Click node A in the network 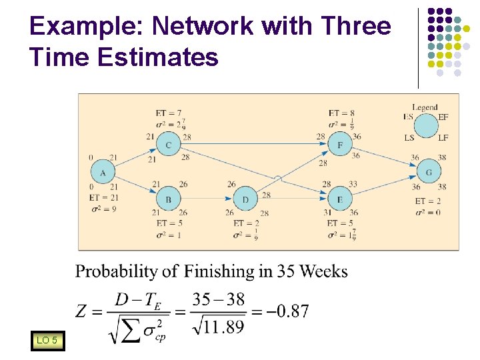click(x=103, y=173)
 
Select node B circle click(x=168, y=198)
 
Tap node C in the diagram click(x=168, y=144)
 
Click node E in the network click(x=340, y=198)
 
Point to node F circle click(x=340, y=144)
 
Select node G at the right click(x=428, y=173)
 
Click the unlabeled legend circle click(x=425, y=125)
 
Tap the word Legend click(x=425, y=107)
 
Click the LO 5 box click(x=47, y=341)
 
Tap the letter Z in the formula click(x=82, y=311)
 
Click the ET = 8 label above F click(x=341, y=114)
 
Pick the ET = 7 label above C click(x=168, y=114)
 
